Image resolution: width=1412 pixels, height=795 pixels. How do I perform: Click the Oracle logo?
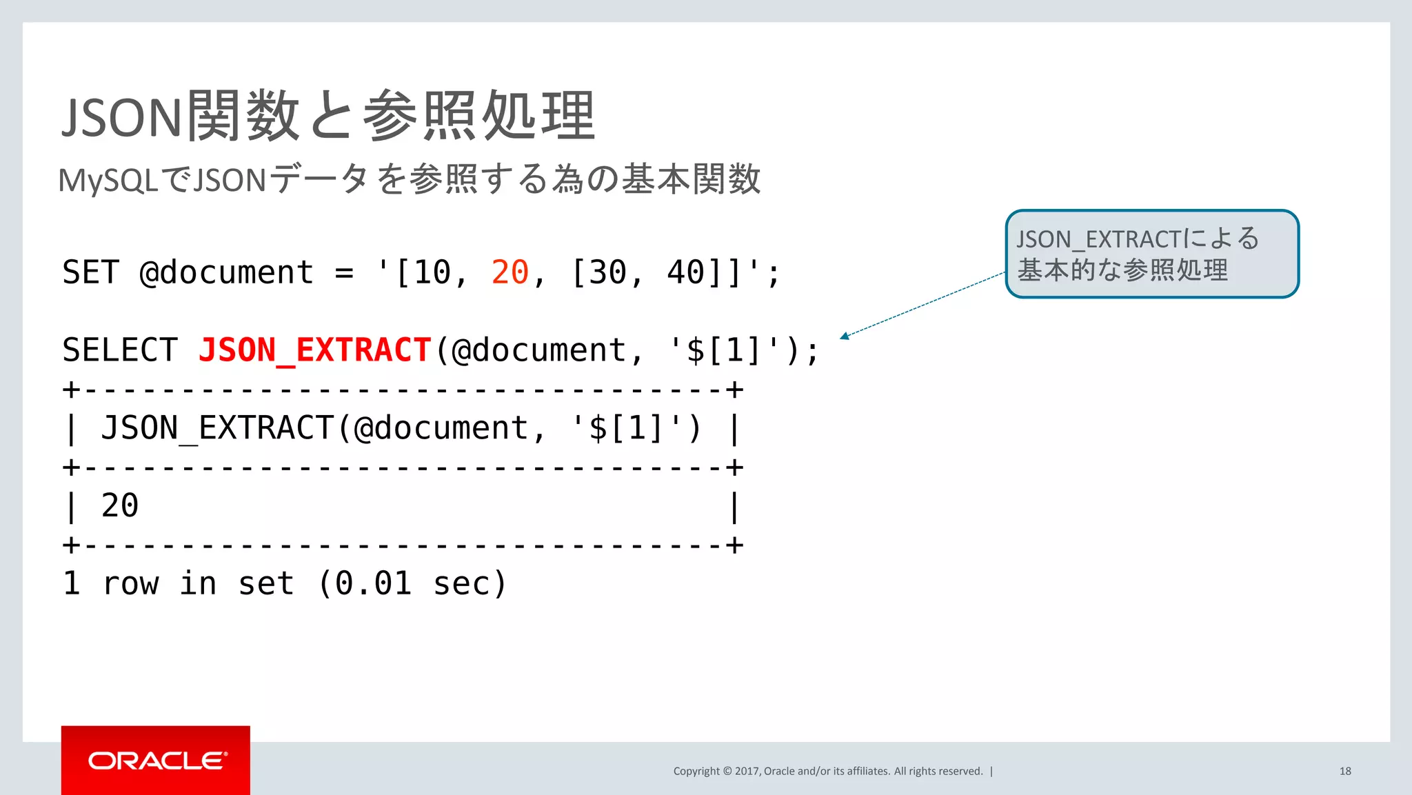tap(157, 761)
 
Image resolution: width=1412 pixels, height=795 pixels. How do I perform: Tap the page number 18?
tap(1344, 771)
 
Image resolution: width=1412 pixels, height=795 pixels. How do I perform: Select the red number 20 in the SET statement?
tap(510, 272)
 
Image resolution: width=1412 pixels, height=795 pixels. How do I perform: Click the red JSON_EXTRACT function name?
tap(315, 350)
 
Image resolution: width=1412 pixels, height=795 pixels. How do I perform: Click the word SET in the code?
tap(90, 272)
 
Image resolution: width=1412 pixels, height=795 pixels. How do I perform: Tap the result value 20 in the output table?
tap(120, 505)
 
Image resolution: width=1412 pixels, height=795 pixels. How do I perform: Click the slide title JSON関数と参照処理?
tap(328, 117)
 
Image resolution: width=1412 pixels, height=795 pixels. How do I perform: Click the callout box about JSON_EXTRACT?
tap(1151, 254)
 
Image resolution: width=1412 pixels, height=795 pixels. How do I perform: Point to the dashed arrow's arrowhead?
tap(844, 336)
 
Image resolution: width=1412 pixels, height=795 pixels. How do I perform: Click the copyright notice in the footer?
tap(827, 771)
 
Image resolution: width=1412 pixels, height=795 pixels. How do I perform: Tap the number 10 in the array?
tap(432, 272)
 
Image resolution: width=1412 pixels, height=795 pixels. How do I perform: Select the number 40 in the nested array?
tap(685, 272)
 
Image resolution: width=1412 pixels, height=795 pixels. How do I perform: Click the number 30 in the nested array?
tap(607, 272)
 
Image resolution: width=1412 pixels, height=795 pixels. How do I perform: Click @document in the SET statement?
tap(226, 272)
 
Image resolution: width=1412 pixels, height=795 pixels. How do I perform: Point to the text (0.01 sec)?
tap(412, 583)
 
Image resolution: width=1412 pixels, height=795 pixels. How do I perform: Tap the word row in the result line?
tap(130, 583)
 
